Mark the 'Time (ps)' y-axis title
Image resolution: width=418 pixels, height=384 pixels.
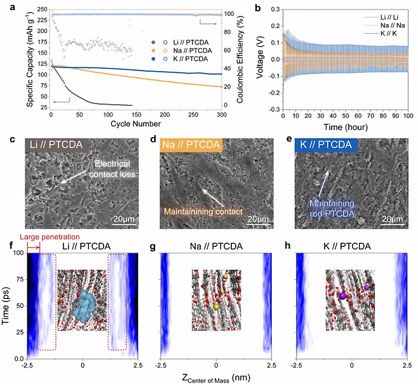7,306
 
